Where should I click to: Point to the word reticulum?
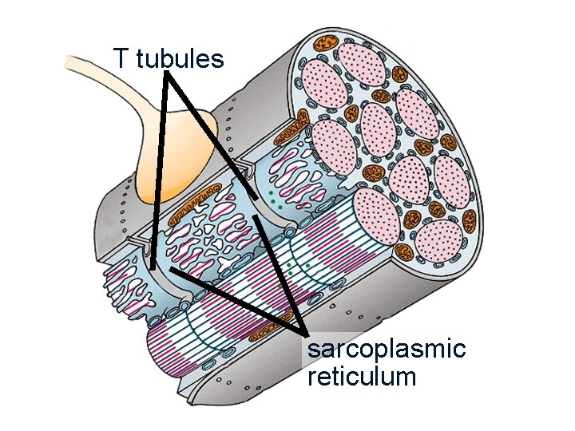click(361, 375)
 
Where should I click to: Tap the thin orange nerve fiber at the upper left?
click(96, 62)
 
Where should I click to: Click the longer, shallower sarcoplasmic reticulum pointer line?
click(236, 300)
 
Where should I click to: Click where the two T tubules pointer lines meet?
click(168, 75)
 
